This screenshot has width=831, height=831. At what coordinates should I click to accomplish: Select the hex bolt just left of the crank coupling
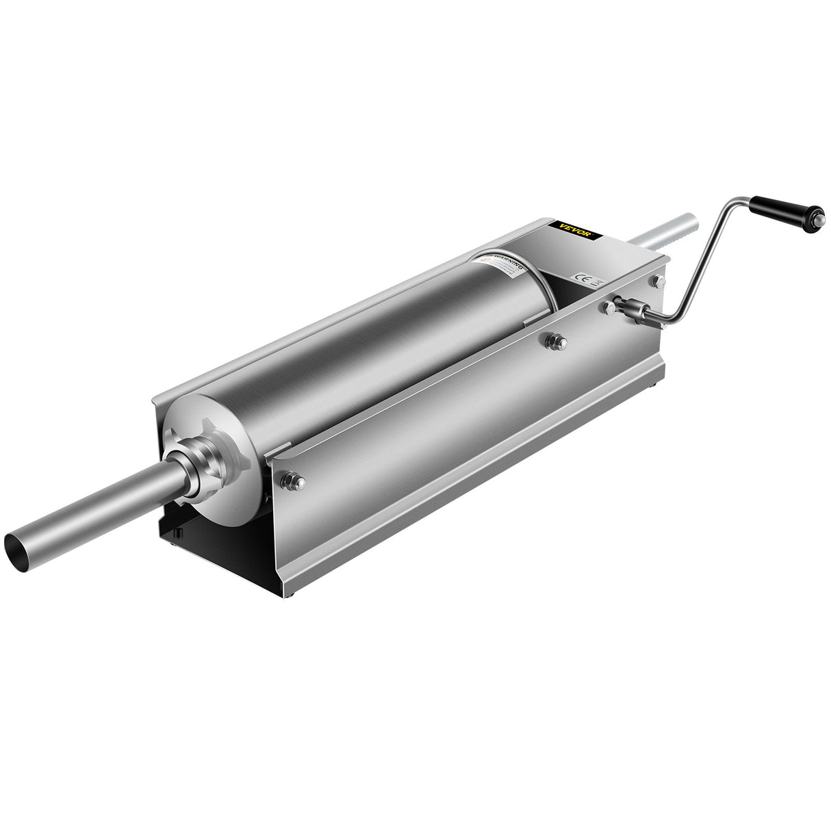tap(606, 308)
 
